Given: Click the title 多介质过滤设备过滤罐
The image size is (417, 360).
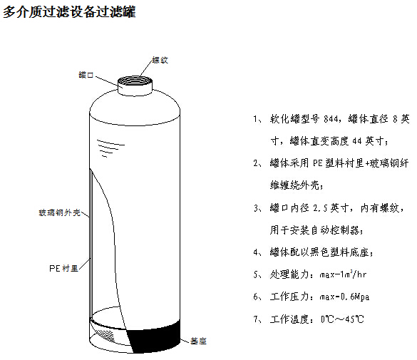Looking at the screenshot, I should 69,13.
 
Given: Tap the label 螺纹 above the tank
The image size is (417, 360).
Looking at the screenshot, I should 160,61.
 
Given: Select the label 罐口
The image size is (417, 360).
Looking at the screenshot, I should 86,74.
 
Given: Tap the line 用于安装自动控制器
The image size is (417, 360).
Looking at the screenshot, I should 316,230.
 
